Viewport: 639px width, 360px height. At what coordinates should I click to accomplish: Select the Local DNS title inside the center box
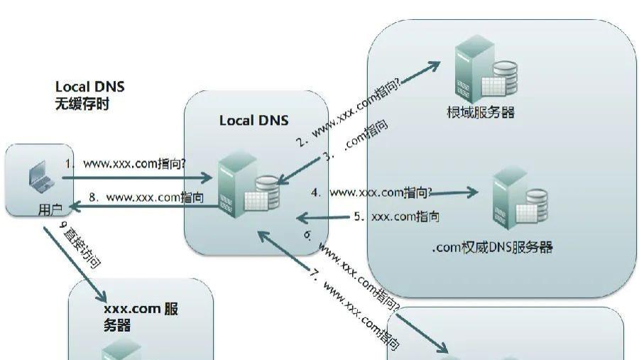coord(253,120)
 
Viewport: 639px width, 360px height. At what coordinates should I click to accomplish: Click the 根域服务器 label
coord(480,111)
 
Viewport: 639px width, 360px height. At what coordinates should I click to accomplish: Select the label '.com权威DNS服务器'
coord(492,247)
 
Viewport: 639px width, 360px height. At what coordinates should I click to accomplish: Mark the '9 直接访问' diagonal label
coord(80,245)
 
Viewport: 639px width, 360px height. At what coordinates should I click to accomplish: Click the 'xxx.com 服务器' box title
coord(141,317)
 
